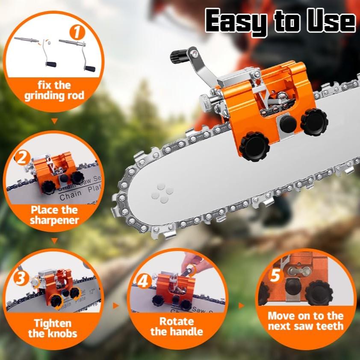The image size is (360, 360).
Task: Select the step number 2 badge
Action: pyautogui.click(x=21, y=159)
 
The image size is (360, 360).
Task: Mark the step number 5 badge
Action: pyautogui.click(x=275, y=275)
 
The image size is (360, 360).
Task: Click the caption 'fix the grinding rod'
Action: pyautogui.click(x=53, y=90)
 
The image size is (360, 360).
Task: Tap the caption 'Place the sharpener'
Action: pyautogui.click(x=54, y=215)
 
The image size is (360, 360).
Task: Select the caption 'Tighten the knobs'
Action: pyautogui.click(x=53, y=328)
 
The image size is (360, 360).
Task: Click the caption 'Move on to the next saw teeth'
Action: pyautogui.click(x=306, y=321)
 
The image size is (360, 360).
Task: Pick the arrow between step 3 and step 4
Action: pyautogui.click(x=115, y=306)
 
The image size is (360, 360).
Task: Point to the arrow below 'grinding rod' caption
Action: pyautogui.click(x=54, y=121)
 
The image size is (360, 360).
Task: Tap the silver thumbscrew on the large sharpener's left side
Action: pyautogui.click(x=207, y=101)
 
